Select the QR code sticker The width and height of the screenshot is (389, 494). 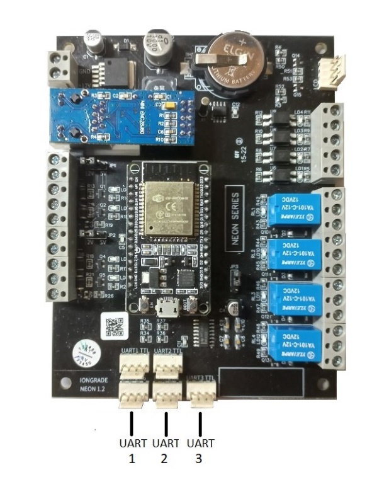coord(113,326)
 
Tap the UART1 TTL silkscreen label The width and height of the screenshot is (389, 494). coord(134,350)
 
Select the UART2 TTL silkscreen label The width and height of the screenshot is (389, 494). coord(167,350)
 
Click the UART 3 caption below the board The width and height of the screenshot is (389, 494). coord(199,451)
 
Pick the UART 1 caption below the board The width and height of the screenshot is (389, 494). coord(132,451)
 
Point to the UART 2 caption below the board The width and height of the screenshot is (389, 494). coord(166,451)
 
